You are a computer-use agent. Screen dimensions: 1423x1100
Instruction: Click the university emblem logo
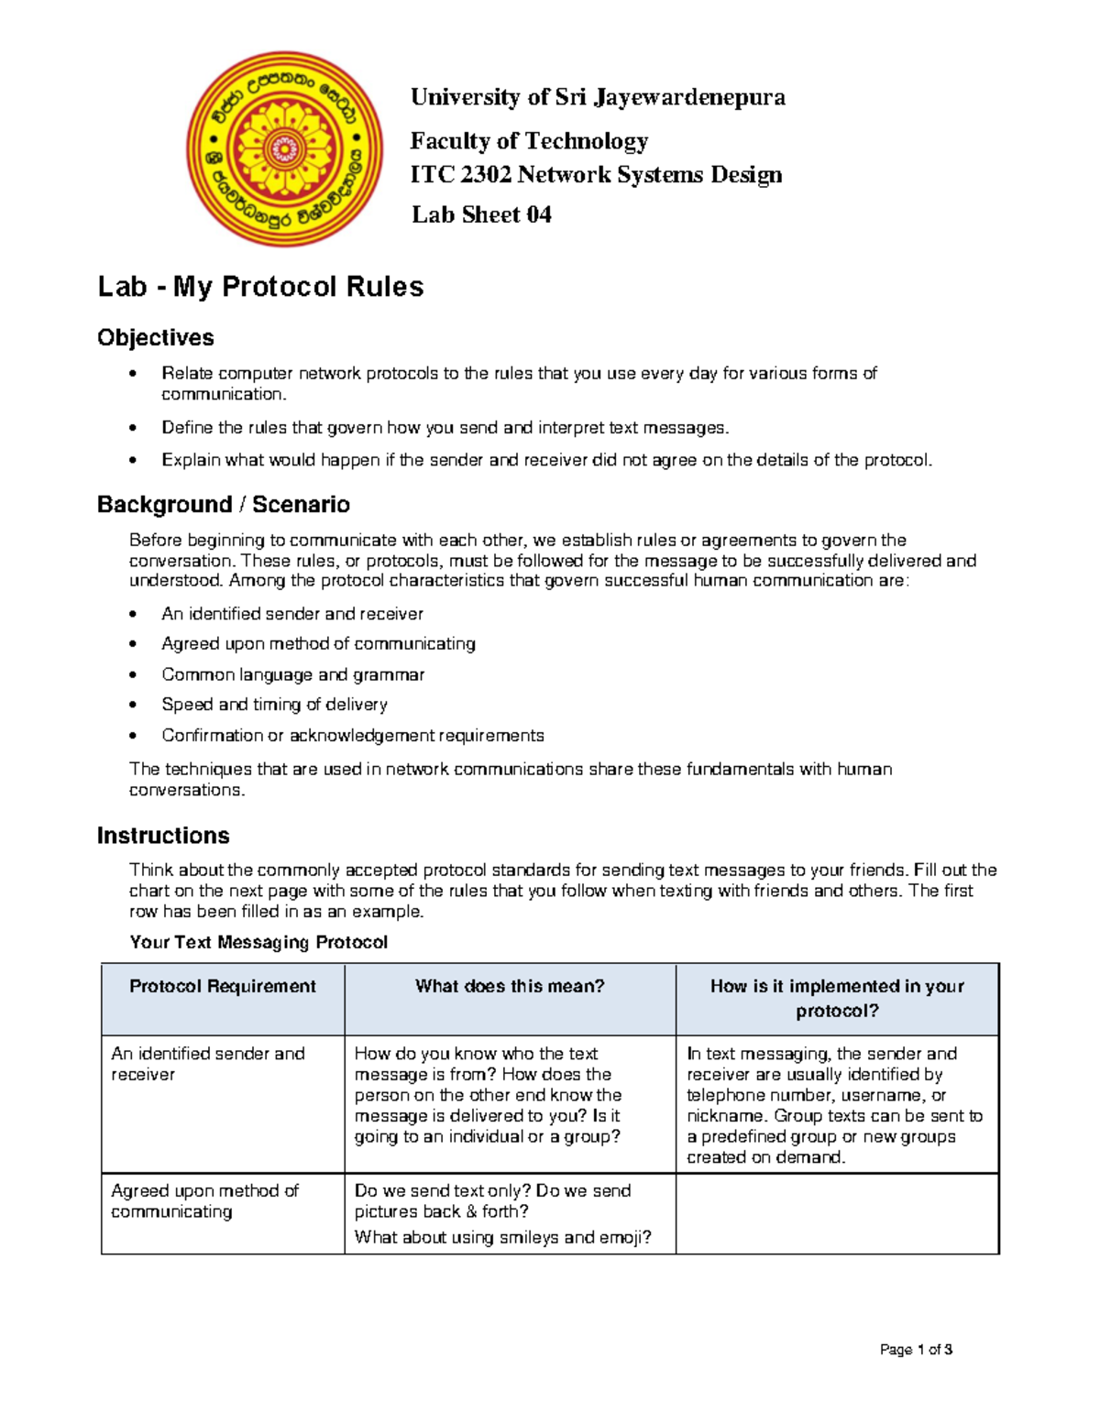tap(285, 148)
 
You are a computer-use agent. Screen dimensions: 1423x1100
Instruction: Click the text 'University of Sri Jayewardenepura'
tap(598, 97)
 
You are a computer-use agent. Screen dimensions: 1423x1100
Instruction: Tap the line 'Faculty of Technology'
tap(529, 141)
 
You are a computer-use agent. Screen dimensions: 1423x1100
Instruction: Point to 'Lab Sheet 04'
tap(481, 215)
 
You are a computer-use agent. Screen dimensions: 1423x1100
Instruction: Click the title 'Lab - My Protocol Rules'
tap(260, 287)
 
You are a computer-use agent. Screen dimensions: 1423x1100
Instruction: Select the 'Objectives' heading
tap(155, 337)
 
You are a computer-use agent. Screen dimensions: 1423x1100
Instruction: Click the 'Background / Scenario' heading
tap(223, 505)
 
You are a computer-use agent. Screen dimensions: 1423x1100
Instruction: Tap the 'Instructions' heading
tap(163, 836)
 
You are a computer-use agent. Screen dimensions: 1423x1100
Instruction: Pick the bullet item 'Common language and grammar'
tap(292, 674)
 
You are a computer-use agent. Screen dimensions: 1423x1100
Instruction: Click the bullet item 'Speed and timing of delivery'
tap(274, 705)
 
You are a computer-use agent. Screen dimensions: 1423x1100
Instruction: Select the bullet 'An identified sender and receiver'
tap(291, 614)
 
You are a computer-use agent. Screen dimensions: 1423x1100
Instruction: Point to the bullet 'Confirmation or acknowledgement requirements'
tap(352, 736)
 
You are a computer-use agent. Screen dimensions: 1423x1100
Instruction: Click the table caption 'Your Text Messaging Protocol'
tap(258, 943)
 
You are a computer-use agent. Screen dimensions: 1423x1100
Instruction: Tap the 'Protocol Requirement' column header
tap(222, 987)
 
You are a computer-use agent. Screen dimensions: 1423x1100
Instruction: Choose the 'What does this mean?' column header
tap(510, 987)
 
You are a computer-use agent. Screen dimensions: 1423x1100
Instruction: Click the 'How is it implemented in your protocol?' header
tap(837, 999)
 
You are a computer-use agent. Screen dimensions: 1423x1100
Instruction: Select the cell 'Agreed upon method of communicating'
tap(204, 1201)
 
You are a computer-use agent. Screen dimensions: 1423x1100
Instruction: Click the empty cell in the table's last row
tap(836, 1214)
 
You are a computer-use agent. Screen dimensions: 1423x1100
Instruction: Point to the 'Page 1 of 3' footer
tap(916, 1350)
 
